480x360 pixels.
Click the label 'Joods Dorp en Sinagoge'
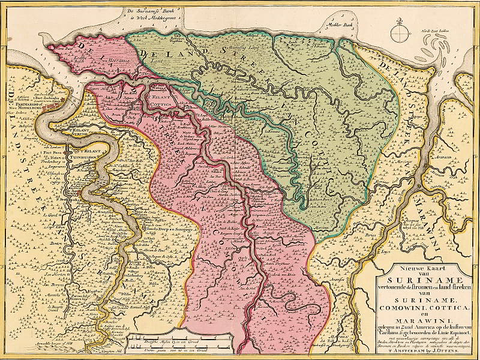[x=158, y=230]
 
